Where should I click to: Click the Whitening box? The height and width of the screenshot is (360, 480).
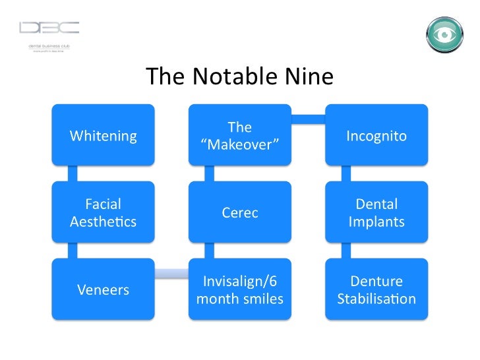(x=104, y=135)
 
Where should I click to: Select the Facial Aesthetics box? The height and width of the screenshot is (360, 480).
(x=104, y=212)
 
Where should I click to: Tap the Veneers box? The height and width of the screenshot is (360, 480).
(x=104, y=289)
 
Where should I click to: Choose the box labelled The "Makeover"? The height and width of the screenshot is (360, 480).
(x=240, y=135)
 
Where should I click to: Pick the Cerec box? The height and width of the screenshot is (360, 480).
(x=240, y=212)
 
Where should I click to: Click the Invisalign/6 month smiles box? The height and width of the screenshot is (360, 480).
(x=240, y=289)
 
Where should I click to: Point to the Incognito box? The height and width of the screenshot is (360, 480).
(x=376, y=135)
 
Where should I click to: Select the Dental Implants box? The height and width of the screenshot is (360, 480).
(x=376, y=212)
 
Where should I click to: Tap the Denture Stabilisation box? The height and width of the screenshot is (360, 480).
(x=376, y=289)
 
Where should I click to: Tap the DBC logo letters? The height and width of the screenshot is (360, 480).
(x=49, y=28)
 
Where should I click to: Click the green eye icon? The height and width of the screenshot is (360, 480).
(x=445, y=34)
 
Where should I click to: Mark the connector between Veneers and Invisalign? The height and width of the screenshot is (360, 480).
(x=171, y=273)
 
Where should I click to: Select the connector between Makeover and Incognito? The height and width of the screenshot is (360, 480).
(x=308, y=119)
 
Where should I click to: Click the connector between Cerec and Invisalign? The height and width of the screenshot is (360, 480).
(x=209, y=251)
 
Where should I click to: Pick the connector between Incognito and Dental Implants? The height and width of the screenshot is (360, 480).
(x=345, y=173)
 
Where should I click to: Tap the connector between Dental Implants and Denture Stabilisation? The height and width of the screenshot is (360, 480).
(x=345, y=251)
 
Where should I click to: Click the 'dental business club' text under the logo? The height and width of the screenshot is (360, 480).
(x=49, y=45)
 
